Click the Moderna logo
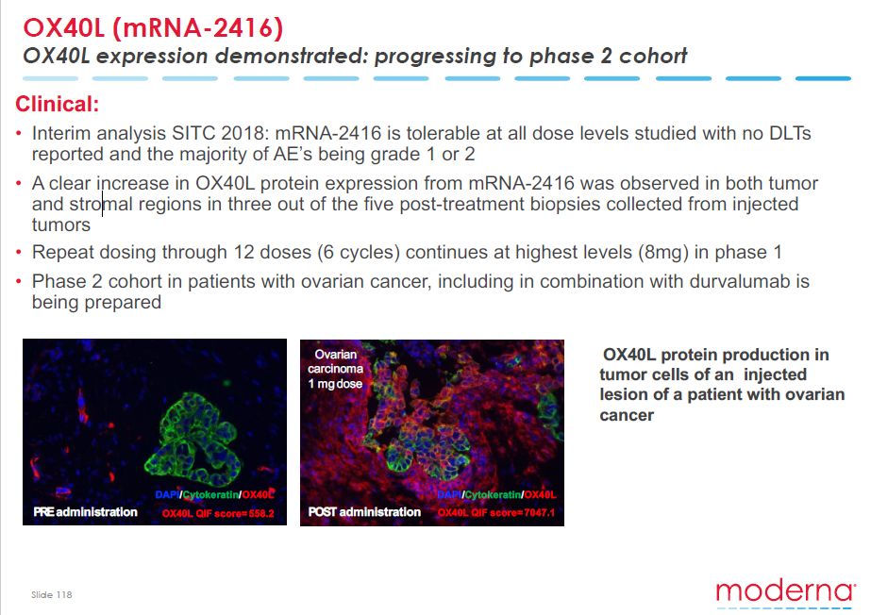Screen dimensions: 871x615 coord(785,591)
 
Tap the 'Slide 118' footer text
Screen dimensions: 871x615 coord(52,594)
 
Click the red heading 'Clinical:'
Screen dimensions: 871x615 coord(58,104)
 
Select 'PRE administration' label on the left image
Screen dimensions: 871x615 coord(85,512)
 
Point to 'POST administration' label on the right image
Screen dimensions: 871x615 coord(364,512)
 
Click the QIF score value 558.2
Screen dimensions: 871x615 coord(261,513)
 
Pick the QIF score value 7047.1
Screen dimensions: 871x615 coord(540,512)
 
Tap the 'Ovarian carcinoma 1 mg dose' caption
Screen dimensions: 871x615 coord(336,369)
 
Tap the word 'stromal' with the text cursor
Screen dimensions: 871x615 coord(101,205)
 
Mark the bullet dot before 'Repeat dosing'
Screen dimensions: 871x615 coord(19,253)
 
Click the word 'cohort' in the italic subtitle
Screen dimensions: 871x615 coord(653,56)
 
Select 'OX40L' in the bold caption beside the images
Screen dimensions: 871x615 coord(629,355)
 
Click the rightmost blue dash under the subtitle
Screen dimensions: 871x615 coord(823,79)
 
